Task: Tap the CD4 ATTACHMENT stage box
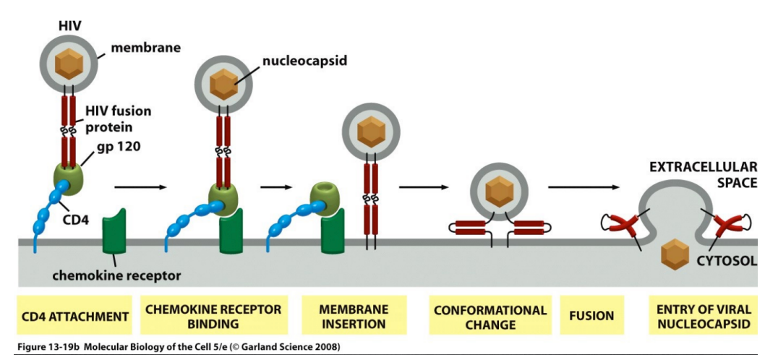pos(75,316)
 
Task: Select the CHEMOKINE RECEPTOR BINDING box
pos(213,316)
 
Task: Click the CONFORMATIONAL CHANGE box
pos(490,316)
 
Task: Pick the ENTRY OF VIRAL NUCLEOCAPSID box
pos(704,316)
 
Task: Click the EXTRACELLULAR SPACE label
pos(702,174)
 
